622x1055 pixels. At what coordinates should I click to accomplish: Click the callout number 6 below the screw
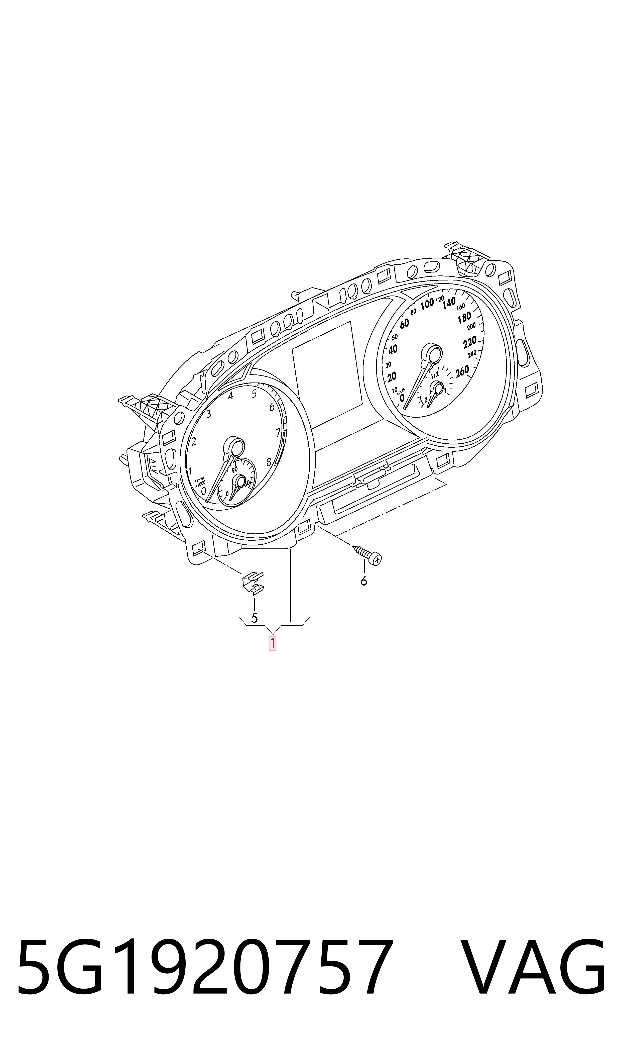click(x=363, y=581)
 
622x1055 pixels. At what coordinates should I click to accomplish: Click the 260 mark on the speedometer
click(x=462, y=371)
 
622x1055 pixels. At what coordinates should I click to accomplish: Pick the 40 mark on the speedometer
click(x=393, y=349)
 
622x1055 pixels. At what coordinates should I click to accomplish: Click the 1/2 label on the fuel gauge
click(x=435, y=374)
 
